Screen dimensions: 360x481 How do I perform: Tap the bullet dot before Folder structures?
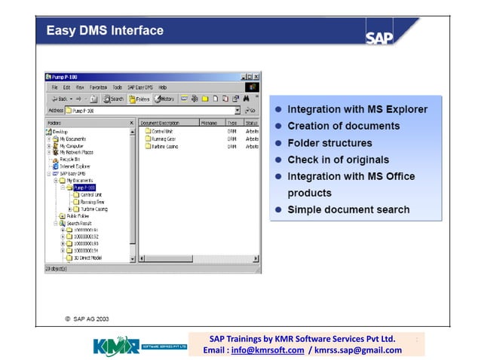[x=278, y=143]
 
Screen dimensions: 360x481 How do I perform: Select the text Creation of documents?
[x=343, y=126]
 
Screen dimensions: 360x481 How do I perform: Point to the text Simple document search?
[x=348, y=209]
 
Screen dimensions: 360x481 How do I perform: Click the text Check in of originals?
[x=338, y=160]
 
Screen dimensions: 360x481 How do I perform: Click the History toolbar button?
[x=164, y=99]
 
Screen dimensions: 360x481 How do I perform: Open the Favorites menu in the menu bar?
[x=99, y=87]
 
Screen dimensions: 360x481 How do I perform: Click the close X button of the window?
[x=256, y=77]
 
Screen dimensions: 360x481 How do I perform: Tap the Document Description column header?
[x=160, y=122]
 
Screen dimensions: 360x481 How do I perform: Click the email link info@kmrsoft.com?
[x=268, y=350]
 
